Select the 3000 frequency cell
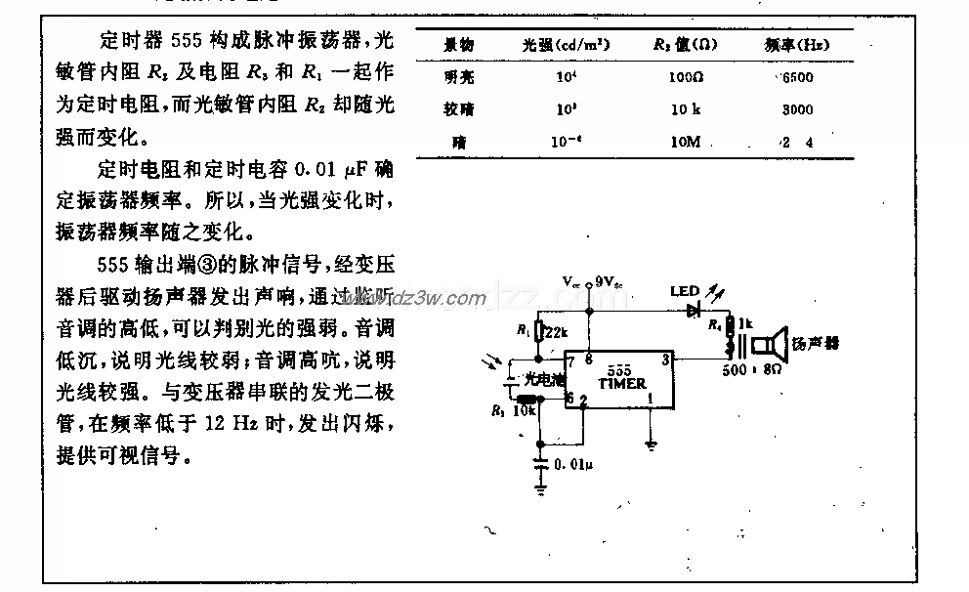coord(797,110)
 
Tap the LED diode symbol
coord(694,311)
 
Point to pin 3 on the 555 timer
coord(664,360)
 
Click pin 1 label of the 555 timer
coord(651,399)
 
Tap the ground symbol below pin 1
coord(651,444)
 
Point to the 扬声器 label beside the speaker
coord(818,344)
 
